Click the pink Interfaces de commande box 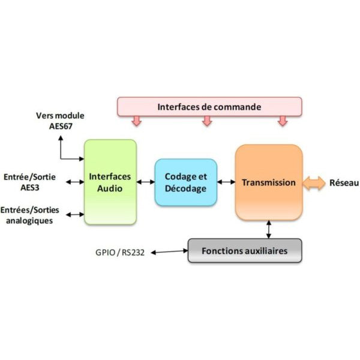pos(209,107)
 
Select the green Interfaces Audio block pos(110,182)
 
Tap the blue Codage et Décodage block pos(185,182)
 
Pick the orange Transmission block pos(268,182)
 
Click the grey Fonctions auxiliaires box pos(244,250)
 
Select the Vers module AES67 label pos(60,121)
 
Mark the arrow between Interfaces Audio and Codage pos(145,182)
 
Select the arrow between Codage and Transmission pos(226,182)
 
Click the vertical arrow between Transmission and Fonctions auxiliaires pos(268,229)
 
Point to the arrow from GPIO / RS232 pos(169,252)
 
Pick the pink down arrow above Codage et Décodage pos(207,121)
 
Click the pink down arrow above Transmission pos(282,121)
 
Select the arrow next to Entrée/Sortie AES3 pos(74,182)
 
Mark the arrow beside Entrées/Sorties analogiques pos(74,214)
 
